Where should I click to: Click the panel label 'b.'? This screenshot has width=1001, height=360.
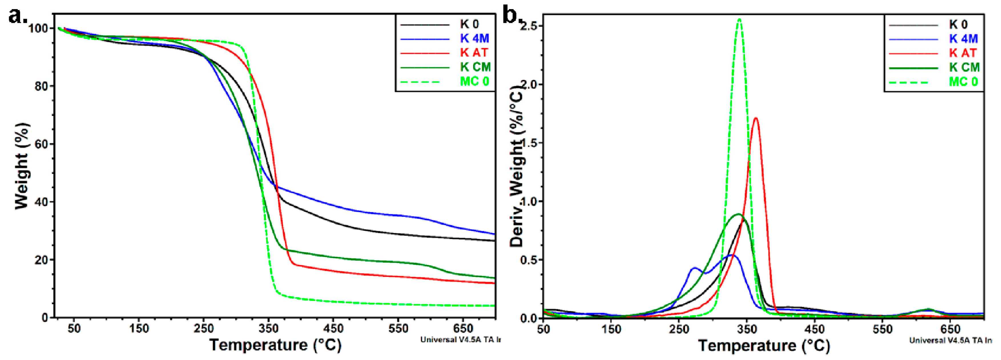pos(512,16)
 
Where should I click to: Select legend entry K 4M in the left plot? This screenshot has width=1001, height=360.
pos(474,39)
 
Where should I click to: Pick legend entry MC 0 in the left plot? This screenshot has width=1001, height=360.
pos(474,82)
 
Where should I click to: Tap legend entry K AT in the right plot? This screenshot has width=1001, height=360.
pos(963,53)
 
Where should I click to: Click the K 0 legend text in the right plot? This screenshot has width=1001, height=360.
pos(958,25)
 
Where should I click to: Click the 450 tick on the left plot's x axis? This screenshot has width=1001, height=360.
pos(333,329)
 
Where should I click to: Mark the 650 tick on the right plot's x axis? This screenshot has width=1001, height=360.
pos(950,330)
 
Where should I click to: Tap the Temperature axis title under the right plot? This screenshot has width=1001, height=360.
pos(764,346)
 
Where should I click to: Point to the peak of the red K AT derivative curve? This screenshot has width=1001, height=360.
pos(756,118)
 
